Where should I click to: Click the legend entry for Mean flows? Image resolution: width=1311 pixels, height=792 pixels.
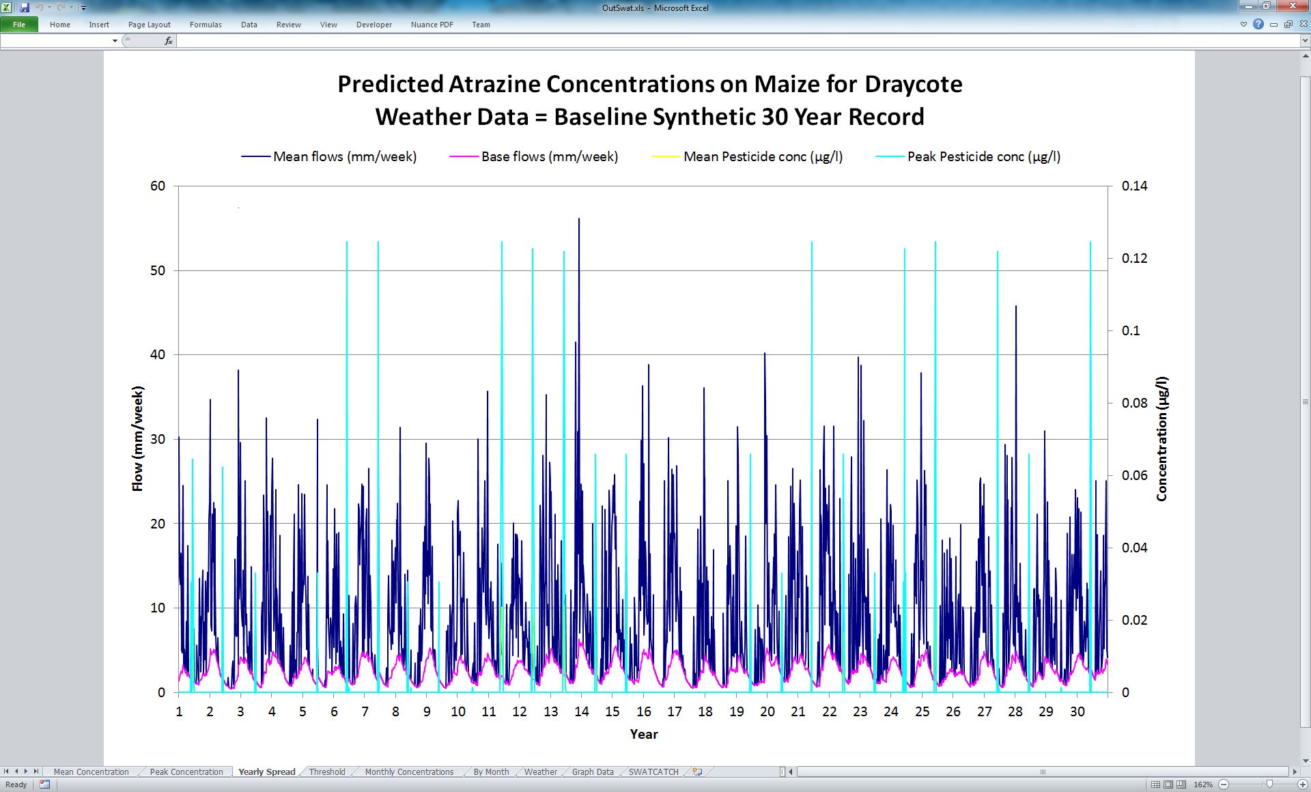tap(328, 156)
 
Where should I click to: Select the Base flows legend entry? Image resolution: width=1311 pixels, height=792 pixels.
tap(534, 156)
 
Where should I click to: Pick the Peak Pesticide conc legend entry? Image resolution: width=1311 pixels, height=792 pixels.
tap(968, 156)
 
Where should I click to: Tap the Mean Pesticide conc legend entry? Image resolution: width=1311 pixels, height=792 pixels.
tap(747, 156)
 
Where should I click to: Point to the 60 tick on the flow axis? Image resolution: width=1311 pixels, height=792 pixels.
tap(158, 186)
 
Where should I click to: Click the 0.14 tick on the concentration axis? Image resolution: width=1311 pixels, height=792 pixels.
tap(1135, 186)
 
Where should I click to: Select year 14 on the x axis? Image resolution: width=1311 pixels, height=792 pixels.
tap(581, 711)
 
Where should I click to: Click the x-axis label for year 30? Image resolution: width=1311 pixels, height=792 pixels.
tap(1077, 711)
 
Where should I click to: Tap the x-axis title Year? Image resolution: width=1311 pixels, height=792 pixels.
tap(644, 735)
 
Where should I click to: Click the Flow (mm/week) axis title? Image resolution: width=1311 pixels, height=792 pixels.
tap(138, 439)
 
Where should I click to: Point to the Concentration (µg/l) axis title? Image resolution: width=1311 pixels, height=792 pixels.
tap(1162, 439)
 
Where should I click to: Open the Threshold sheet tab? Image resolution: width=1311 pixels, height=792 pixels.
tap(327, 772)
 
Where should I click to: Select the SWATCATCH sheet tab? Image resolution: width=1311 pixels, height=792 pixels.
tap(653, 772)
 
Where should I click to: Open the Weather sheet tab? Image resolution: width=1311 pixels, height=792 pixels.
tap(541, 772)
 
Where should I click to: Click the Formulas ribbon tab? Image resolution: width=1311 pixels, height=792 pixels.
tap(206, 25)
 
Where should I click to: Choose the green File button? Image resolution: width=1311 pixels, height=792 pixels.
tap(19, 25)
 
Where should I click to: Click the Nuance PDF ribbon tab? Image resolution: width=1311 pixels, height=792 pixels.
tap(432, 25)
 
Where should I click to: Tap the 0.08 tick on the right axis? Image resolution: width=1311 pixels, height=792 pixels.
tap(1135, 404)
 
